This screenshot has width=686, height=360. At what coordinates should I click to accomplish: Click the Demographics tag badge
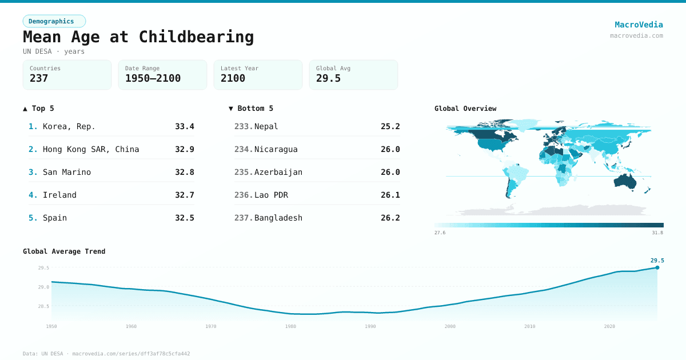click(x=54, y=21)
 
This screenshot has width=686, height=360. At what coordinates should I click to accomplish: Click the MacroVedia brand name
click(x=639, y=25)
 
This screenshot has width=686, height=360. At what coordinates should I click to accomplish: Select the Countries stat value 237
click(x=39, y=78)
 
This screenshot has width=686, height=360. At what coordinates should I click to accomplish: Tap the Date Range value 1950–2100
click(x=153, y=78)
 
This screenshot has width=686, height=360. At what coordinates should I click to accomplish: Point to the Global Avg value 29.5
click(x=328, y=78)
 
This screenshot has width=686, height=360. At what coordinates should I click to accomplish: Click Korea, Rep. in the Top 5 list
click(x=69, y=126)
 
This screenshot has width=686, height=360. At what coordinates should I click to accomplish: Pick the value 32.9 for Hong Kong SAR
click(x=184, y=149)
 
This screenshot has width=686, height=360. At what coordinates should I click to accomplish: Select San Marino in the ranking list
click(x=67, y=172)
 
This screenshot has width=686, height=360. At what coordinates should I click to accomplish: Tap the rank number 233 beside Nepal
click(x=243, y=126)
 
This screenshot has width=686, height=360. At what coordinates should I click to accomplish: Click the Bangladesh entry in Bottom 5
click(x=278, y=218)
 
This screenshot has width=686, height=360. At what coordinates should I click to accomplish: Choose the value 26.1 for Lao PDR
click(x=390, y=195)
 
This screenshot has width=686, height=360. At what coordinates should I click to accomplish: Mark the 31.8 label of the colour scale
click(x=657, y=233)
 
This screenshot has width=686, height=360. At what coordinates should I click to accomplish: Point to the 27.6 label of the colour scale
click(x=440, y=233)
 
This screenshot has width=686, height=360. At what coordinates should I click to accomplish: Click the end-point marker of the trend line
click(x=657, y=267)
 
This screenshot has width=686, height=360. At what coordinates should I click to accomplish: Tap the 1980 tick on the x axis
click(x=290, y=326)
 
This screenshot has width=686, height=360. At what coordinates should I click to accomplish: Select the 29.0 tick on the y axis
click(x=43, y=287)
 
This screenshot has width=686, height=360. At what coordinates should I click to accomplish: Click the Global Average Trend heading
click(x=64, y=251)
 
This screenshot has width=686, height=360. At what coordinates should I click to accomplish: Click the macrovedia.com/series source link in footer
click(x=131, y=354)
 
